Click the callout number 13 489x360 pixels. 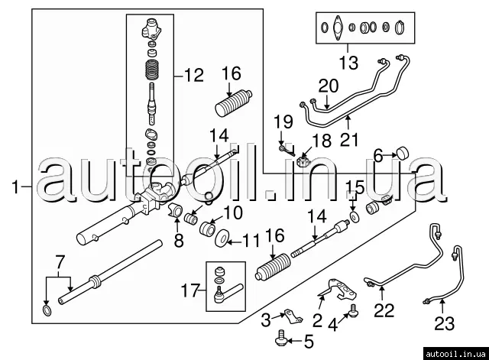point(348,63)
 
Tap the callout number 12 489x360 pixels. point(193,75)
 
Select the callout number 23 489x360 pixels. point(445,323)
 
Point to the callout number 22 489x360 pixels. point(384,310)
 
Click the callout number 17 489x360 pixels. point(190,290)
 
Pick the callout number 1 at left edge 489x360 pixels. point(15,187)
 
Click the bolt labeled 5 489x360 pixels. point(281,338)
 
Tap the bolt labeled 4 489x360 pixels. point(354,310)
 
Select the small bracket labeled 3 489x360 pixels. point(293,316)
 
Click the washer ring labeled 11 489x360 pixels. point(222,238)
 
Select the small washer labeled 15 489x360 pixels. point(355,216)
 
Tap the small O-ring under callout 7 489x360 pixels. point(47,310)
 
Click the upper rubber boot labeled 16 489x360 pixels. point(233,103)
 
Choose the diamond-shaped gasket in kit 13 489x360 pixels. point(338,28)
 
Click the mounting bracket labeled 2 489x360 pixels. point(338,290)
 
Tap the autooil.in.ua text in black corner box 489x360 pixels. point(455,354)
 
